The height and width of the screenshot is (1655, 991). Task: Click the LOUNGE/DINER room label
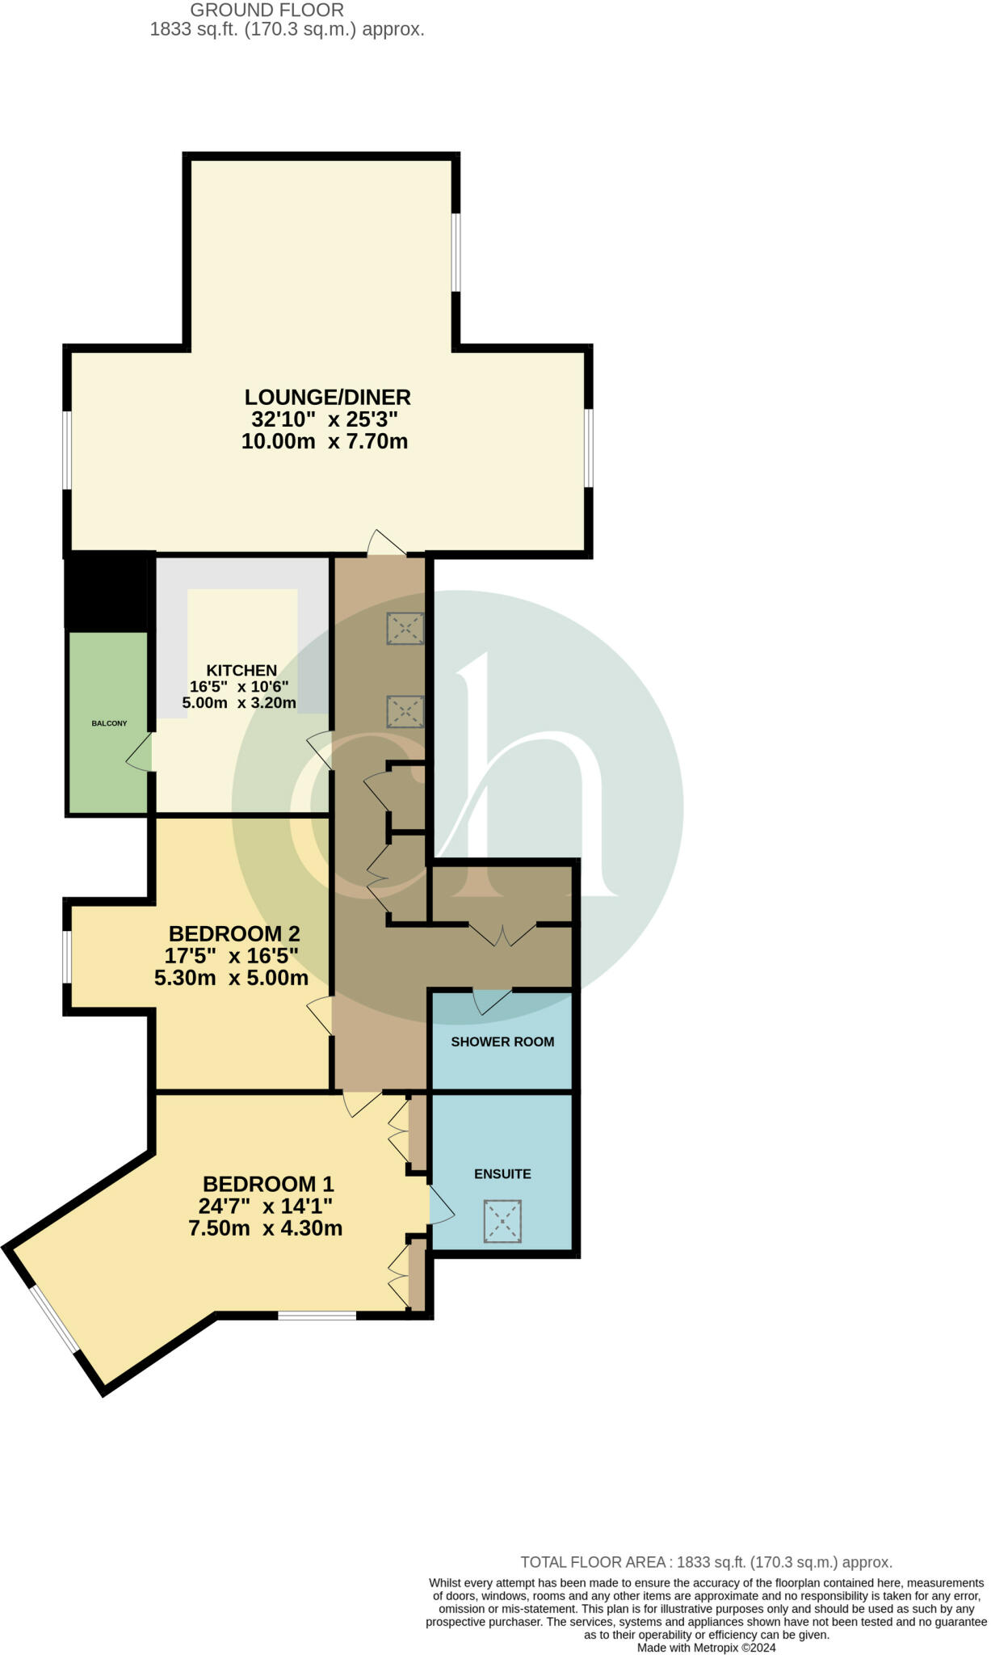tap(327, 398)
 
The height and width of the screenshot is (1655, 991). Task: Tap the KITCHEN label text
tap(241, 671)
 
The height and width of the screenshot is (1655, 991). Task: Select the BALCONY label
tap(109, 723)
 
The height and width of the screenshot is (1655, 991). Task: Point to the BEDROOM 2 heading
tap(234, 934)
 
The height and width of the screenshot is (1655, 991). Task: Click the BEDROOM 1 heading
tap(268, 1185)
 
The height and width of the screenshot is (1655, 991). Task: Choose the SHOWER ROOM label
tap(502, 1042)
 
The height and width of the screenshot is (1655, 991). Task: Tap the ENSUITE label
tap(502, 1174)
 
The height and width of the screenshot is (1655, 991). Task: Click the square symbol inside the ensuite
tap(502, 1221)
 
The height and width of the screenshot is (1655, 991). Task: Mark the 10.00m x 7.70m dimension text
tap(325, 442)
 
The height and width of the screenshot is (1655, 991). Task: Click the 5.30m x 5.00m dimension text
tap(232, 979)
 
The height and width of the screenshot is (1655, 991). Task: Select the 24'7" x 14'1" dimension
tap(266, 1207)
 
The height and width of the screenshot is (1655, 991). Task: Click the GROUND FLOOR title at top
tap(267, 11)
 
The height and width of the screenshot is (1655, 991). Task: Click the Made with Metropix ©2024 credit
tap(706, 1648)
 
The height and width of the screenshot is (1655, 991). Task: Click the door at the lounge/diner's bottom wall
tap(386, 544)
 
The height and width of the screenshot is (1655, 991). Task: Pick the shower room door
tap(491, 1000)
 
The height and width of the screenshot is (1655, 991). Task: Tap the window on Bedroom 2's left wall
tap(68, 957)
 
